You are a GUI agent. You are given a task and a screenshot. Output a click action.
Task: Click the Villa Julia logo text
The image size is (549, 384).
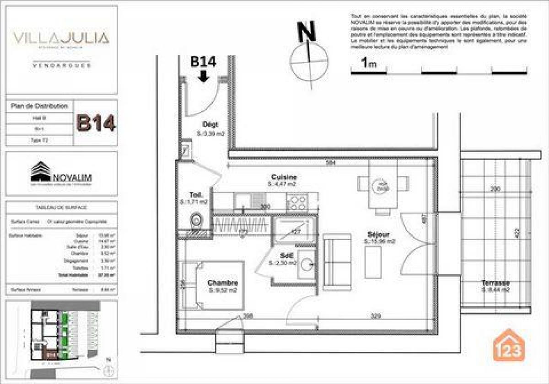point(61,38)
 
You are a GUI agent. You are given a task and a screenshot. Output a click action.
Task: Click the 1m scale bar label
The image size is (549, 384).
point(368,63)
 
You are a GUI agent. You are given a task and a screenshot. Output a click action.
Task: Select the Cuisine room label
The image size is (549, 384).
point(284,177)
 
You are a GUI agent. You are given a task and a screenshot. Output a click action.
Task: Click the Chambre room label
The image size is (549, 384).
point(222,283)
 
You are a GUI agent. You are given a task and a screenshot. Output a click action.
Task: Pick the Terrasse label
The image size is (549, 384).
point(495,283)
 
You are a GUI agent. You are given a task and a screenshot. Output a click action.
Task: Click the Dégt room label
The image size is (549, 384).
point(211,124)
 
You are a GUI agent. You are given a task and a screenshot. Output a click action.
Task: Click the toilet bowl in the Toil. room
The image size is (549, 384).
point(196,220)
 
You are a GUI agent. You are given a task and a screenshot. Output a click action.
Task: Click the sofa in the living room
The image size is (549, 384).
point(337,262)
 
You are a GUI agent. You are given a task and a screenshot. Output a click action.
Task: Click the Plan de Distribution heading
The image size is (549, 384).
point(39,106)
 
